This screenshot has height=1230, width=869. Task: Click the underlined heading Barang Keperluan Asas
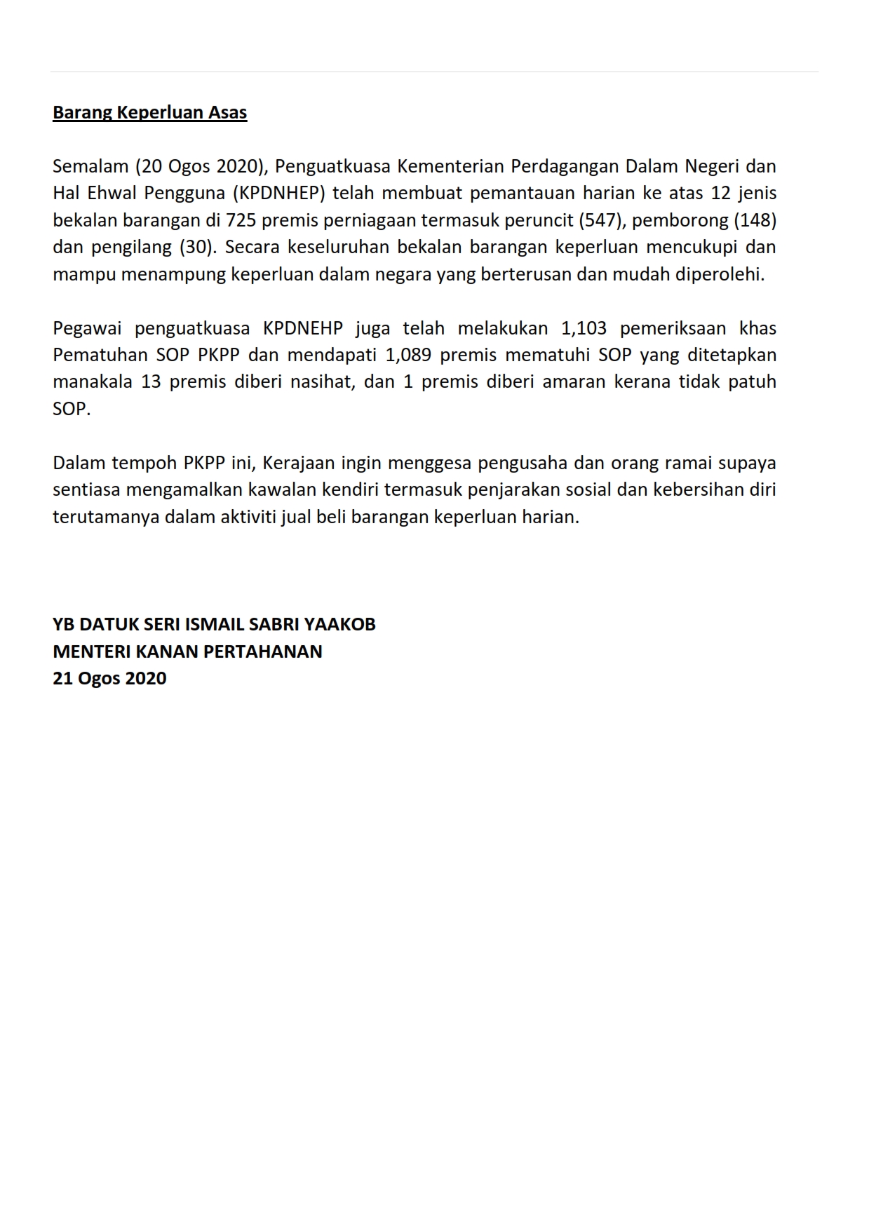[149, 113]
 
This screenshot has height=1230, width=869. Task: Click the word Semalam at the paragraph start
[90, 167]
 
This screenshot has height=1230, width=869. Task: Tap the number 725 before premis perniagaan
[241, 220]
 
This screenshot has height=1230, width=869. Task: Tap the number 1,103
[584, 329]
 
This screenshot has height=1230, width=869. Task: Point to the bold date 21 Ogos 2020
[109, 679]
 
